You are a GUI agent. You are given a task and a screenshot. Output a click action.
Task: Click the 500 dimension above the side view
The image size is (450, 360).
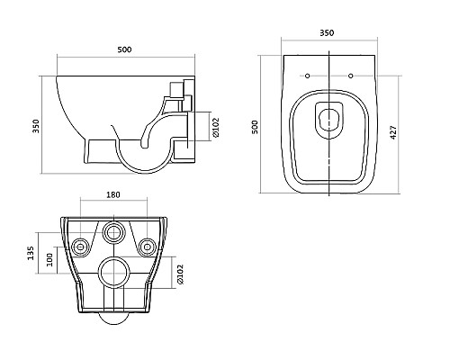(x=124, y=49)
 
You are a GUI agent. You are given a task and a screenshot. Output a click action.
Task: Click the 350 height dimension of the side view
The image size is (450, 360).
(x=36, y=126)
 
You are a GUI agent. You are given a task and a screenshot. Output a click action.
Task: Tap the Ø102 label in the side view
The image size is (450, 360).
(x=216, y=127)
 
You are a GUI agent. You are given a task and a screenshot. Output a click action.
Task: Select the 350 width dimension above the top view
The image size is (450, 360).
(x=327, y=32)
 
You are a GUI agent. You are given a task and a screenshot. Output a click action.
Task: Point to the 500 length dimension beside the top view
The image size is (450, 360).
(x=255, y=127)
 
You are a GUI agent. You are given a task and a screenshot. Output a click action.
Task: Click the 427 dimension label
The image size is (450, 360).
(x=393, y=132)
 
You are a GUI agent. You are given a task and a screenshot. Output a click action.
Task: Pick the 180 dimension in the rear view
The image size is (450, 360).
(x=113, y=194)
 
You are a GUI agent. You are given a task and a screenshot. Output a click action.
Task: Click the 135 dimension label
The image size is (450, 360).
(x=31, y=253)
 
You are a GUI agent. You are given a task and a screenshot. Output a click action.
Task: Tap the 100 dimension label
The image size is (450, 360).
(x=49, y=260)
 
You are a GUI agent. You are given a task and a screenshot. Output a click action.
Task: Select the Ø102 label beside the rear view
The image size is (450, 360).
(x=180, y=274)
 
